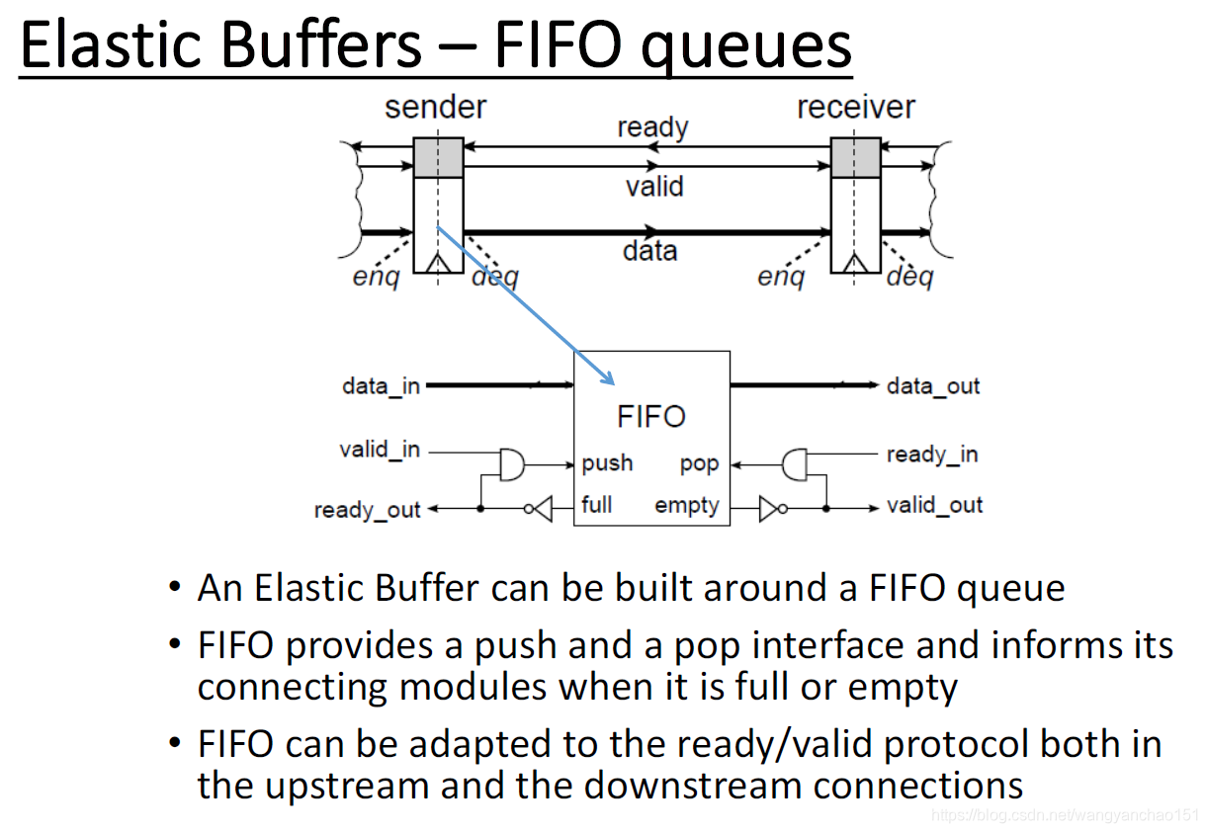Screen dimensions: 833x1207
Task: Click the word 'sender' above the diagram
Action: tap(435, 107)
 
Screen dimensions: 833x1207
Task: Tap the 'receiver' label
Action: tap(856, 107)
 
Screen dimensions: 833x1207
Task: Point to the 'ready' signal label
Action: tap(652, 127)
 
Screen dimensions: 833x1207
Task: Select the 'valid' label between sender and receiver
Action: tap(653, 186)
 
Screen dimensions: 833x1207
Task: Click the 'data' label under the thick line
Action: tap(649, 250)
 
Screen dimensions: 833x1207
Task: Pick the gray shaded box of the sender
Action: tap(438, 157)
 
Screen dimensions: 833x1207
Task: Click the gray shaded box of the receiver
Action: tap(855, 157)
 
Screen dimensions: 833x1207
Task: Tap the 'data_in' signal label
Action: tap(381, 385)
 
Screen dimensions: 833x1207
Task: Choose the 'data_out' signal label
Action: tap(933, 385)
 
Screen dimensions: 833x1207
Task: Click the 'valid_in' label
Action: tap(380, 450)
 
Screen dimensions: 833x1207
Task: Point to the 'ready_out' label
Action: tap(368, 510)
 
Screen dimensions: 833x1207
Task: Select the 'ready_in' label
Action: tap(932, 455)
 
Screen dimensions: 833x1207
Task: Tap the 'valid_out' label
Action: tap(934, 506)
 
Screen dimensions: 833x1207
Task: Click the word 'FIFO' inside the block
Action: tap(651, 416)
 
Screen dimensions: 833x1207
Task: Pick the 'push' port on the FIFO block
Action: tap(607, 463)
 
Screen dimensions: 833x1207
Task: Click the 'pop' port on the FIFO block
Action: tap(699, 463)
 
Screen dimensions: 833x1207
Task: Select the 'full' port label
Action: tap(597, 505)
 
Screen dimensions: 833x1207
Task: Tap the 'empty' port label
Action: tap(687, 506)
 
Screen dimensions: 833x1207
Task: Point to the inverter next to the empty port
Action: tap(772, 508)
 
